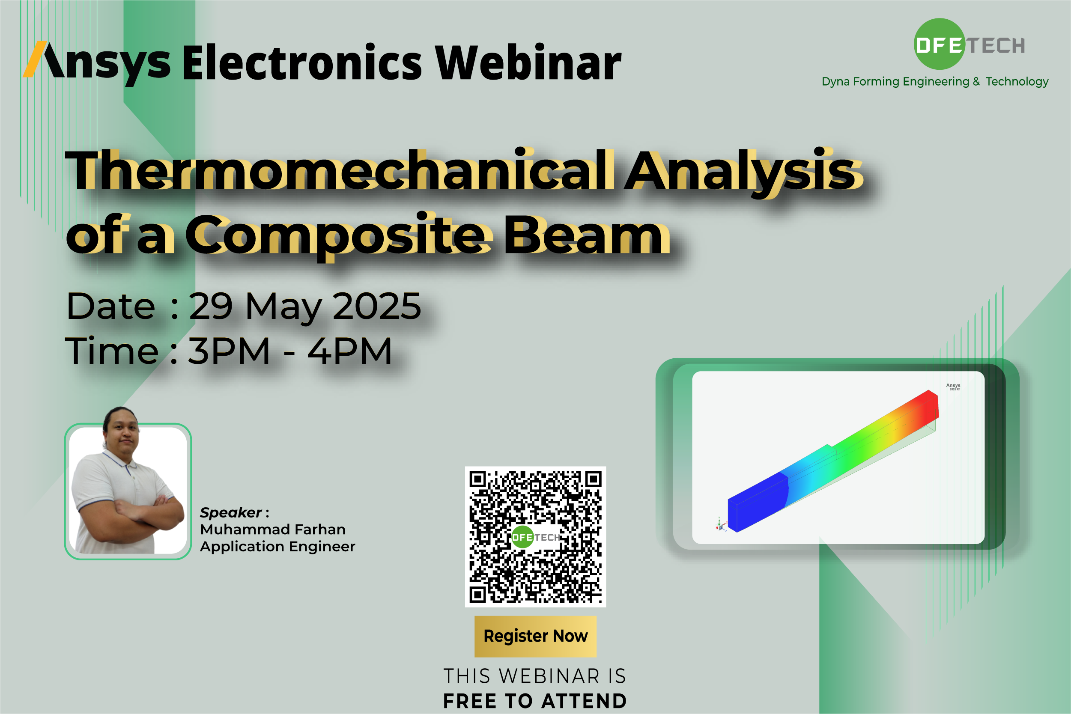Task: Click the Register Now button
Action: tap(535, 636)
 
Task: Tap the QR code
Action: tap(535, 536)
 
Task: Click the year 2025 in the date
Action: tap(377, 306)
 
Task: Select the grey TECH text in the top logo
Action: tap(996, 45)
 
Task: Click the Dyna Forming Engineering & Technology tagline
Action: tap(935, 81)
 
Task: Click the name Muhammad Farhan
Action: tap(273, 529)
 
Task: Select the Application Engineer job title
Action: tap(277, 547)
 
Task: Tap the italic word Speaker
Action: tap(230, 513)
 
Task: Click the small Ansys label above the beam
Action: tap(953, 386)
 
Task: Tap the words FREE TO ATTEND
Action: tap(535, 701)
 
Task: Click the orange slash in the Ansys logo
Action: tap(35, 59)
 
